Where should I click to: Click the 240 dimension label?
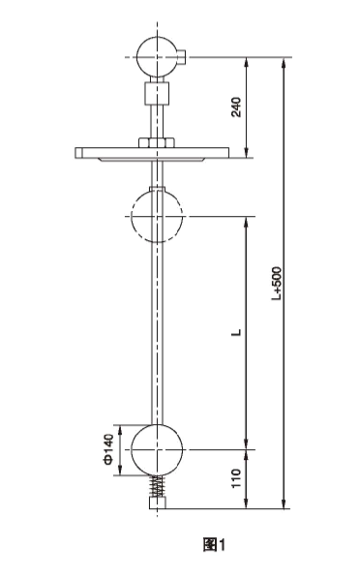(236, 107)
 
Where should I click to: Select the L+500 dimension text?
(277, 283)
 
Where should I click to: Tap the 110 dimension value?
(236, 478)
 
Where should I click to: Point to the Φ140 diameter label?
(109, 450)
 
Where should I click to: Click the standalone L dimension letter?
(237, 332)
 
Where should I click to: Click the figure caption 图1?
(214, 544)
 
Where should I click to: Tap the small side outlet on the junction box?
(182, 55)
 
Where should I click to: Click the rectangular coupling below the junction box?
(158, 93)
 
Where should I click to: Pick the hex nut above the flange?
(157, 142)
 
